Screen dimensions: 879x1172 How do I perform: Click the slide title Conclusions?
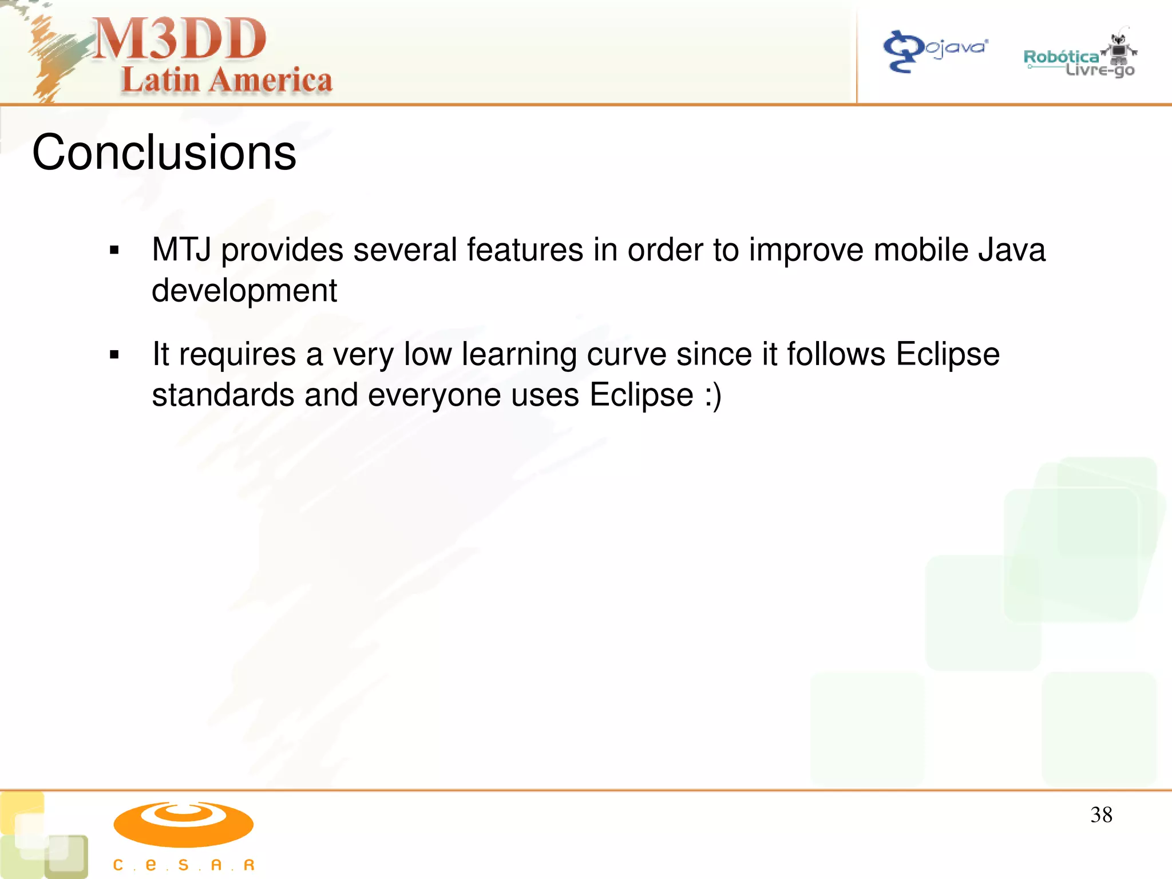point(164,152)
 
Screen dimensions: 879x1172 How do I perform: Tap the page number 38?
point(1101,815)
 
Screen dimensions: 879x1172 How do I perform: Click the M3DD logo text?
point(179,39)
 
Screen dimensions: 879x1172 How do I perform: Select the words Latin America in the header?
point(227,80)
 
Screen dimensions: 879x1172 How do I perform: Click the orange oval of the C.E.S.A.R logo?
point(183,824)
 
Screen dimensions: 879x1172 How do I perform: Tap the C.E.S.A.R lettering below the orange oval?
point(183,865)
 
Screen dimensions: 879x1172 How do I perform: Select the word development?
point(244,291)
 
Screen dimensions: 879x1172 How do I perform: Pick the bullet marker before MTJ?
point(114,250)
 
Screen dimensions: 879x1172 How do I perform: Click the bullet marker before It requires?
point(114,355)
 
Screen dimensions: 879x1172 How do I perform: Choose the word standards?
point(223,395)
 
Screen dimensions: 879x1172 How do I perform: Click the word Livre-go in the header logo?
point(1099,71)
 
